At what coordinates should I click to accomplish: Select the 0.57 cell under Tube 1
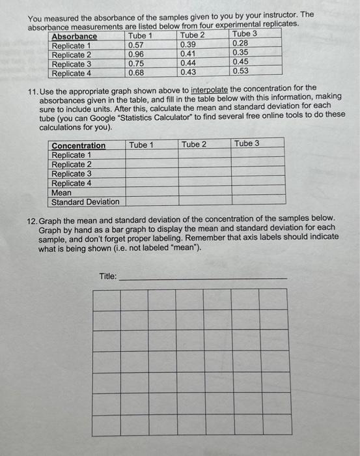point(136,45)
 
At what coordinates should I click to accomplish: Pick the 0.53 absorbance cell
point(240,71)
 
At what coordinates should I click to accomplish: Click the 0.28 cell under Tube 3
point(240,43)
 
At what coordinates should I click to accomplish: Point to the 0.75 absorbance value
point(136,64)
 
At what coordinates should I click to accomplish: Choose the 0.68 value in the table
point(136,73)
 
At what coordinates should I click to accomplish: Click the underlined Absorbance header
point(74,36)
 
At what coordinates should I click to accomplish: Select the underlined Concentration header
point(79,146)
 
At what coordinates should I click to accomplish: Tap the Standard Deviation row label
point(85,202)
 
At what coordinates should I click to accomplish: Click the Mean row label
point(62,193)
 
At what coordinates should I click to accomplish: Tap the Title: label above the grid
point(108,276)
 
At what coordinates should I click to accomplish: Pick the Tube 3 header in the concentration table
point(247,144)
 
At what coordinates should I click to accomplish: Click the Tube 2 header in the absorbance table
point(193,35)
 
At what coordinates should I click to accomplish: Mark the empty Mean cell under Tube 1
point(150,193)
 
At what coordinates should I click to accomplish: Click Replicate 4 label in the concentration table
point(72,184)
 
